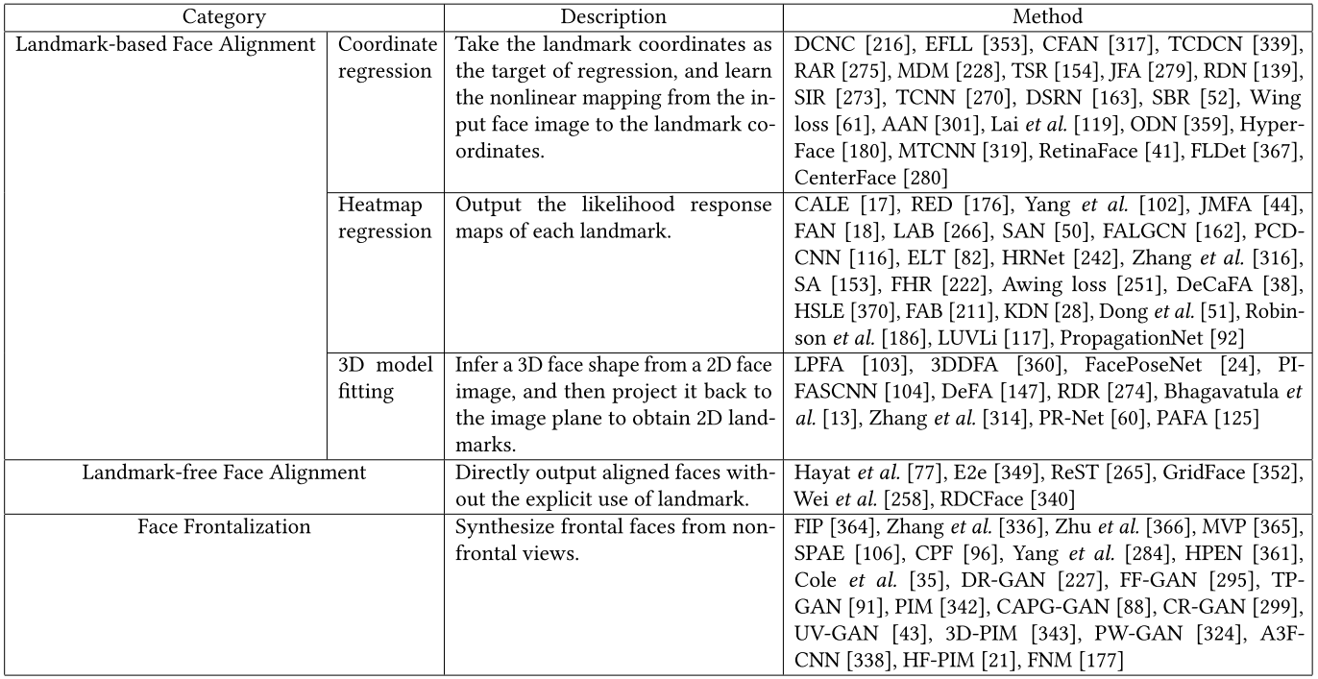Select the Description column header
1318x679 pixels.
[613, 17]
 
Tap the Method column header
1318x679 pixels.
[1048, 17]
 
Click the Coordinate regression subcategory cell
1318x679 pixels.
[387, 58]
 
